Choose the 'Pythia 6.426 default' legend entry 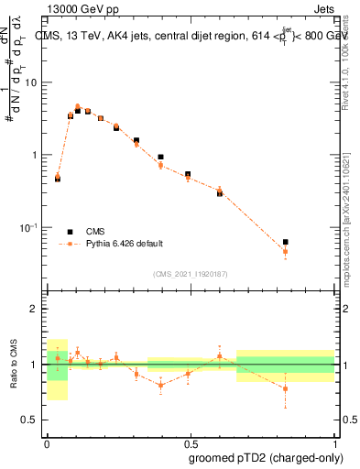pyautogui.click(x=124, y=244)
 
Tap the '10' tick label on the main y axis pyautogui.click(x=32, y=82)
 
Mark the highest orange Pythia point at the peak pyautogui.click(x=78, y=107)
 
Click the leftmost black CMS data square pyautogui.click(x=58, y=179)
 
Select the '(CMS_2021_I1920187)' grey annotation pyautogui.click(x=191, y=273)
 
